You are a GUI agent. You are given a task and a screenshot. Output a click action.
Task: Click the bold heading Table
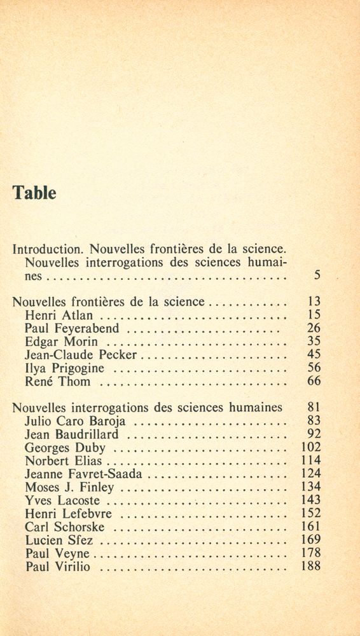34,193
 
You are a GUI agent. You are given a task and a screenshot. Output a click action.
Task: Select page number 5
317,276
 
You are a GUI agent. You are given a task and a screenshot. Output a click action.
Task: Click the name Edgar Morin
61,342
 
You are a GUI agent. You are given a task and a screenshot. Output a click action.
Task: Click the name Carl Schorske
65,527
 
